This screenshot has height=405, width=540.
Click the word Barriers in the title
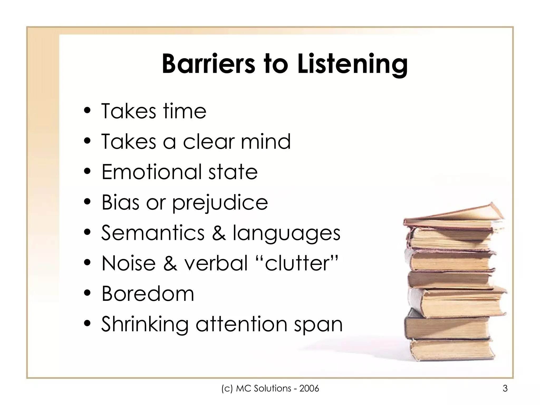(x=208, y=64)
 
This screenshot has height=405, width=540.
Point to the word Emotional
(x=152, y=172)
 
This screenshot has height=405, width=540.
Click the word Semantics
(x=153, y=233)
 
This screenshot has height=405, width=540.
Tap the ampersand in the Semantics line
(x=219, y=233)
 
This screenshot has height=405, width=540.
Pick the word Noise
(x=129, y=263)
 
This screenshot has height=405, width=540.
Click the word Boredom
(x=148, y=293)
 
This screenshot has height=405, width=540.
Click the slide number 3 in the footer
(x=505, y=388)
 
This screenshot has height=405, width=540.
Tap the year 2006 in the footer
(x=309, y=388)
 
